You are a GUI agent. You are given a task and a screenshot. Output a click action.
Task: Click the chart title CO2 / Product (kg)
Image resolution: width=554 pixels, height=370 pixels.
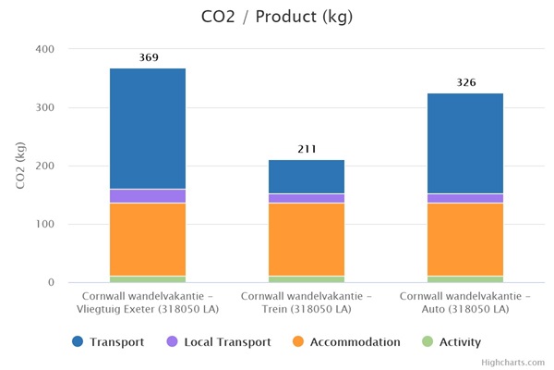(x=276, y=17)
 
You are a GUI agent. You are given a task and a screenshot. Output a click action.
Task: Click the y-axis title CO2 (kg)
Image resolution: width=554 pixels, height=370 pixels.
(x=21, y=166)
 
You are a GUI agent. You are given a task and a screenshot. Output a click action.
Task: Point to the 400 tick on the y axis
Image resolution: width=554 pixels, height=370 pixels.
(x=44, y=49)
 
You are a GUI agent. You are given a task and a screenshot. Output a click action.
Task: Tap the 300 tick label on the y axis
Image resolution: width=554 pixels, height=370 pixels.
(x=44, y=107)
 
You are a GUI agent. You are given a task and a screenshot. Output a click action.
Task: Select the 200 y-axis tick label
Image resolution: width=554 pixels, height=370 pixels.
(x=44, y=166)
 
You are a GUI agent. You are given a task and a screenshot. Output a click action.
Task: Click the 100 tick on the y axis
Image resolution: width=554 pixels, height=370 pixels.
(x=44, y=224)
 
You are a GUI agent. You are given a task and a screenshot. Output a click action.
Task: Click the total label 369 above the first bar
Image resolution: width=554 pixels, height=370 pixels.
(x=148, y=57)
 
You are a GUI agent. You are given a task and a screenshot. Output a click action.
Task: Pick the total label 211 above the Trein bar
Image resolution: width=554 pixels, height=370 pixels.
(x=307, y=149)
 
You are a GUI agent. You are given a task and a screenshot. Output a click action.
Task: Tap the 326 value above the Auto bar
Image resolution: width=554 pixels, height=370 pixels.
(x=465, y=82)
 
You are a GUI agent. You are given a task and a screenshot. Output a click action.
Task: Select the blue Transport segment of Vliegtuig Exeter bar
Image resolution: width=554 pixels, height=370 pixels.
(x=148, y=129)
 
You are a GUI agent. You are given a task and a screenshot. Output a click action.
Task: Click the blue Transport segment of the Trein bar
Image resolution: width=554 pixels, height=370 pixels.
(x=307, y=177)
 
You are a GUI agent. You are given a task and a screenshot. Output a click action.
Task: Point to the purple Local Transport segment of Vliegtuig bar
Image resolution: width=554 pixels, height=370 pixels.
(x=148, y=196)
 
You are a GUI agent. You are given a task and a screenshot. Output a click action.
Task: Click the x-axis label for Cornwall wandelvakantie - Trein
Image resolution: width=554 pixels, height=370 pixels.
(x=307, y=302)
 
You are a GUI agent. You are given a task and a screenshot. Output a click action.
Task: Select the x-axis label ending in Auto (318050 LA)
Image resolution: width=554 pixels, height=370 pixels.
(x=465, y=302)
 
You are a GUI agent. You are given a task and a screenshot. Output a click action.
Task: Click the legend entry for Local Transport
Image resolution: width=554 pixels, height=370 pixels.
(x=219, y=342)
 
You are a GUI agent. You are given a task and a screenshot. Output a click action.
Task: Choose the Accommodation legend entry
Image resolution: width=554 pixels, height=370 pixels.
(x=346, y=342)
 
